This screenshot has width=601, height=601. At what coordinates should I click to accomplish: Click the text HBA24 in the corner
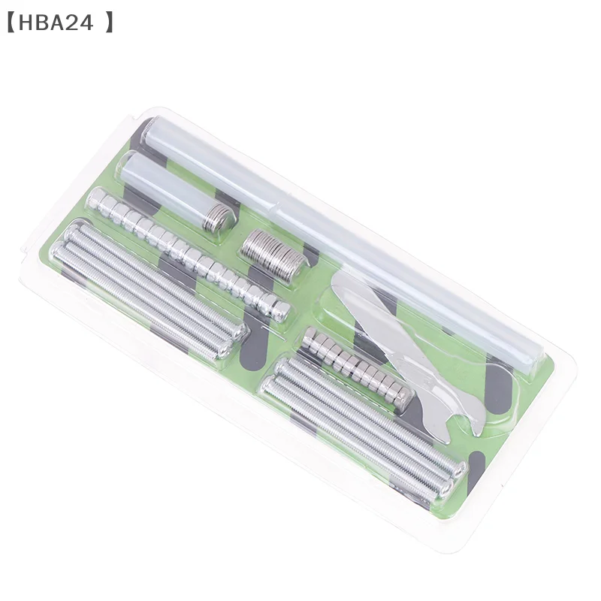(56, 23)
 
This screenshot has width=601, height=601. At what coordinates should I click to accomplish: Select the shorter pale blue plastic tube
(177, 191)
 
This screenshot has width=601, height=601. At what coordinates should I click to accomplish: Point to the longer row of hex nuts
(188, 253)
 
